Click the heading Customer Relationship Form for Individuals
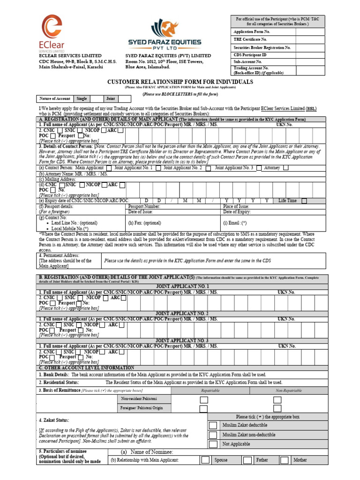click(x=180, y=82)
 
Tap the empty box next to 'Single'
click(x=97, y=99)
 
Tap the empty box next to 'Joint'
click(x=125, y=99)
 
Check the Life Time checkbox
click(x=304, y=201)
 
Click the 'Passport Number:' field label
click(x=144, y=206)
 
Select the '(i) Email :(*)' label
click(x=235, y=223)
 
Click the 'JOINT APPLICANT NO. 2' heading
click(x=182, y=313)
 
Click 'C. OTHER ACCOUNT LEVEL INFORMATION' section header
click(x=87, y=368)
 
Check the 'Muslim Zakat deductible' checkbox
click(x=213, y=425)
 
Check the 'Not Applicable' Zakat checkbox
click(x=213, y=444)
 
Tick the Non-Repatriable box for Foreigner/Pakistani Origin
click(x=277, y=408)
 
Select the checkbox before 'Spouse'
click(x=205, y=460)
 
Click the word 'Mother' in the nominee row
click(x=300, y=460)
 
